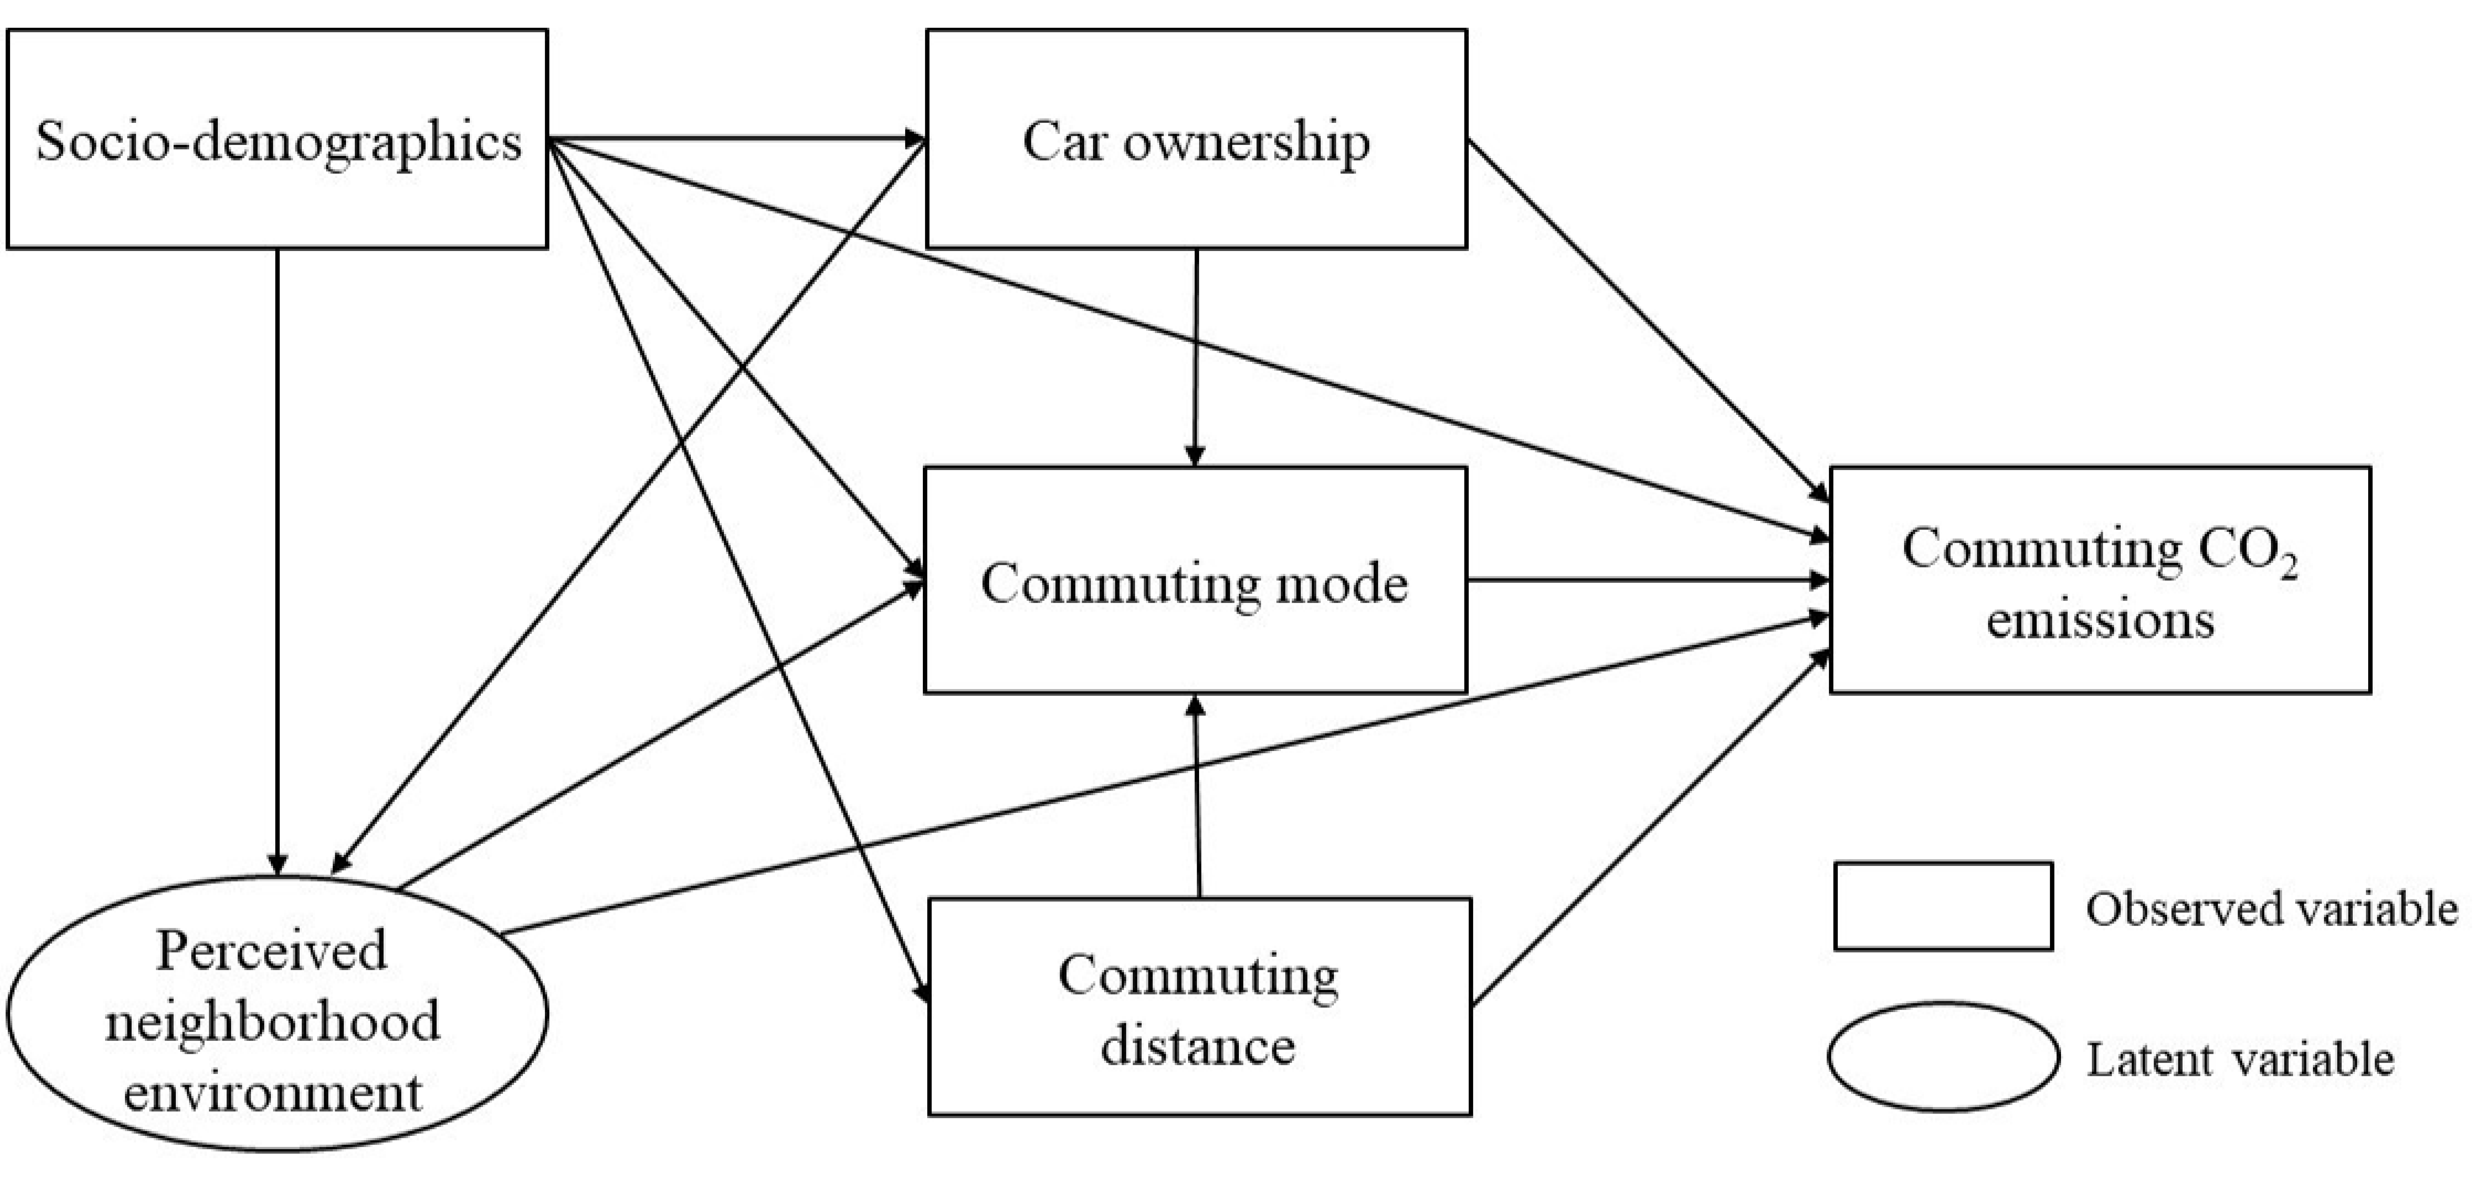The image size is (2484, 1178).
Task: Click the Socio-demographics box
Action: (x=278, y=140)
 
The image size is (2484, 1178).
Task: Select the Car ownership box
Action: (x=1196, y=140)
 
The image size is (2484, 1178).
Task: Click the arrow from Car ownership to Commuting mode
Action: (x=1196, y=357)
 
